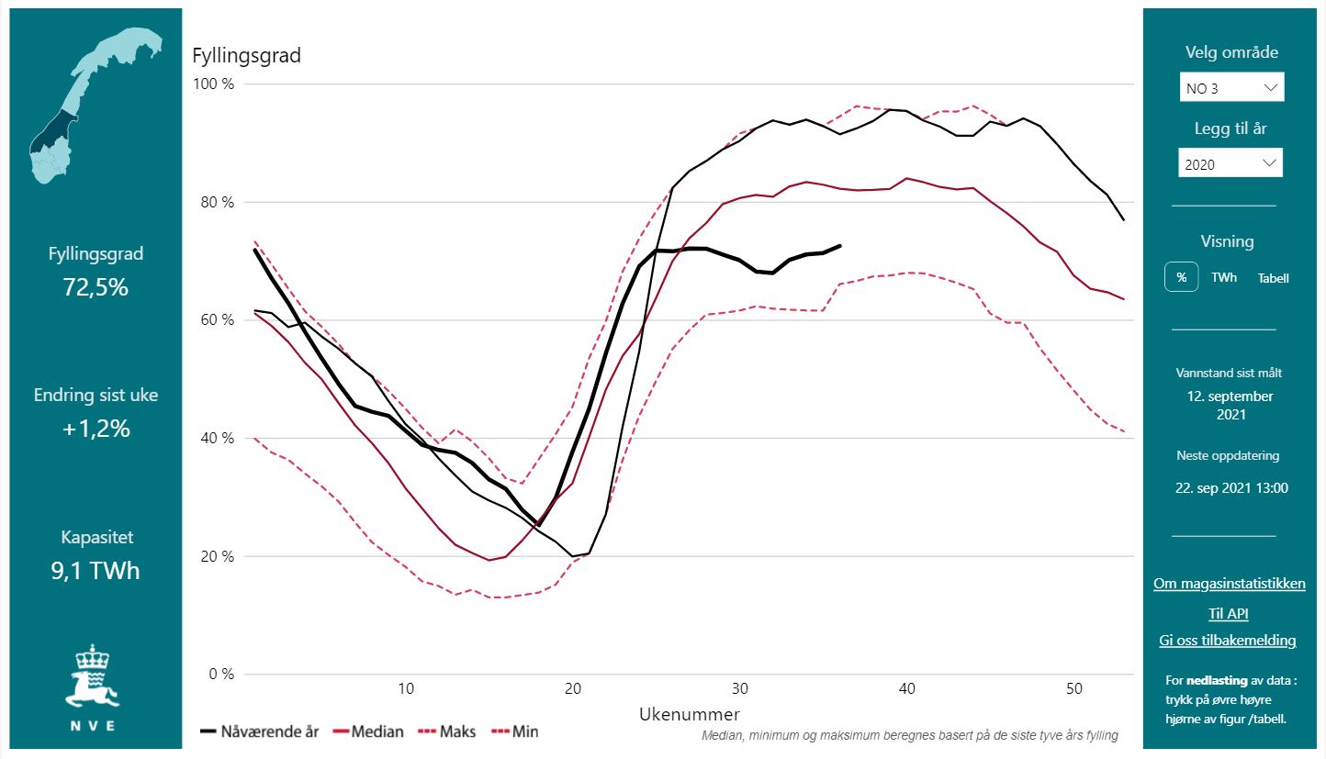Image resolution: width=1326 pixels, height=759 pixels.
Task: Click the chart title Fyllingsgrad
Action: point(246,55)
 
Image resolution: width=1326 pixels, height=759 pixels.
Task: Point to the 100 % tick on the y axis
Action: point(213,84)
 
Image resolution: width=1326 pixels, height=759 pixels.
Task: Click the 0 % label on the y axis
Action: point(220,674)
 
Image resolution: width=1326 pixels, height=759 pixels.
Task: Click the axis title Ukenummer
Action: point(689,714)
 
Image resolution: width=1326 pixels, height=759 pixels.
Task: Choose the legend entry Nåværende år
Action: point(260,731)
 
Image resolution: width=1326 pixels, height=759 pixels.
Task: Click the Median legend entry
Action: point(368,731)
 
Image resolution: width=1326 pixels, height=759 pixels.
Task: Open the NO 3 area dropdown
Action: point(1231,88)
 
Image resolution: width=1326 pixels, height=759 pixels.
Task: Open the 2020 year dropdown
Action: point(1230,163)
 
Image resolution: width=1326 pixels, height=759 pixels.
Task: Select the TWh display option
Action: point(1223,277)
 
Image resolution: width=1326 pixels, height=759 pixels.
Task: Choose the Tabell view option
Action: point(1274,277)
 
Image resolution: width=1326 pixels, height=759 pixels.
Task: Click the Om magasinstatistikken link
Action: point(1229,584)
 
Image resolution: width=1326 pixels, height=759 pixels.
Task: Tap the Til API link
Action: point(1228,613)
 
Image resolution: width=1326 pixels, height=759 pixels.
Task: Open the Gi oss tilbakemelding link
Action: point(1228,641)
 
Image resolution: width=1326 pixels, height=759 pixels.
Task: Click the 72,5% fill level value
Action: point(96,287)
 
